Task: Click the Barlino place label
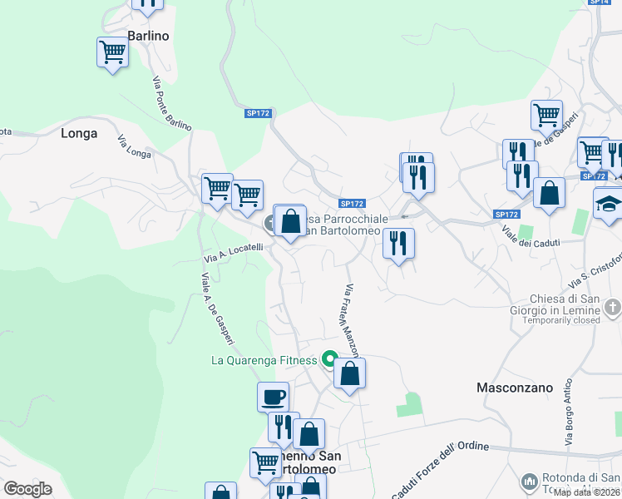coord(149,36)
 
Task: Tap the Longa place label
coord(79,133)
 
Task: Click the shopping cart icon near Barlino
coord(112,53)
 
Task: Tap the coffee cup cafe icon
coord(273,397)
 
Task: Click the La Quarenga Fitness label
coord(264,360)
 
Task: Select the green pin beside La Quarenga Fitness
coord(328,360)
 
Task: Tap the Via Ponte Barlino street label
coord(171,103)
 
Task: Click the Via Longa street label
coord(134,146)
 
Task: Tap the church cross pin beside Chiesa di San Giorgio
coord(612,309)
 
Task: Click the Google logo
coord(27,489)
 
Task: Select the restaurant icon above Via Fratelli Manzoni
coord(398,243)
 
